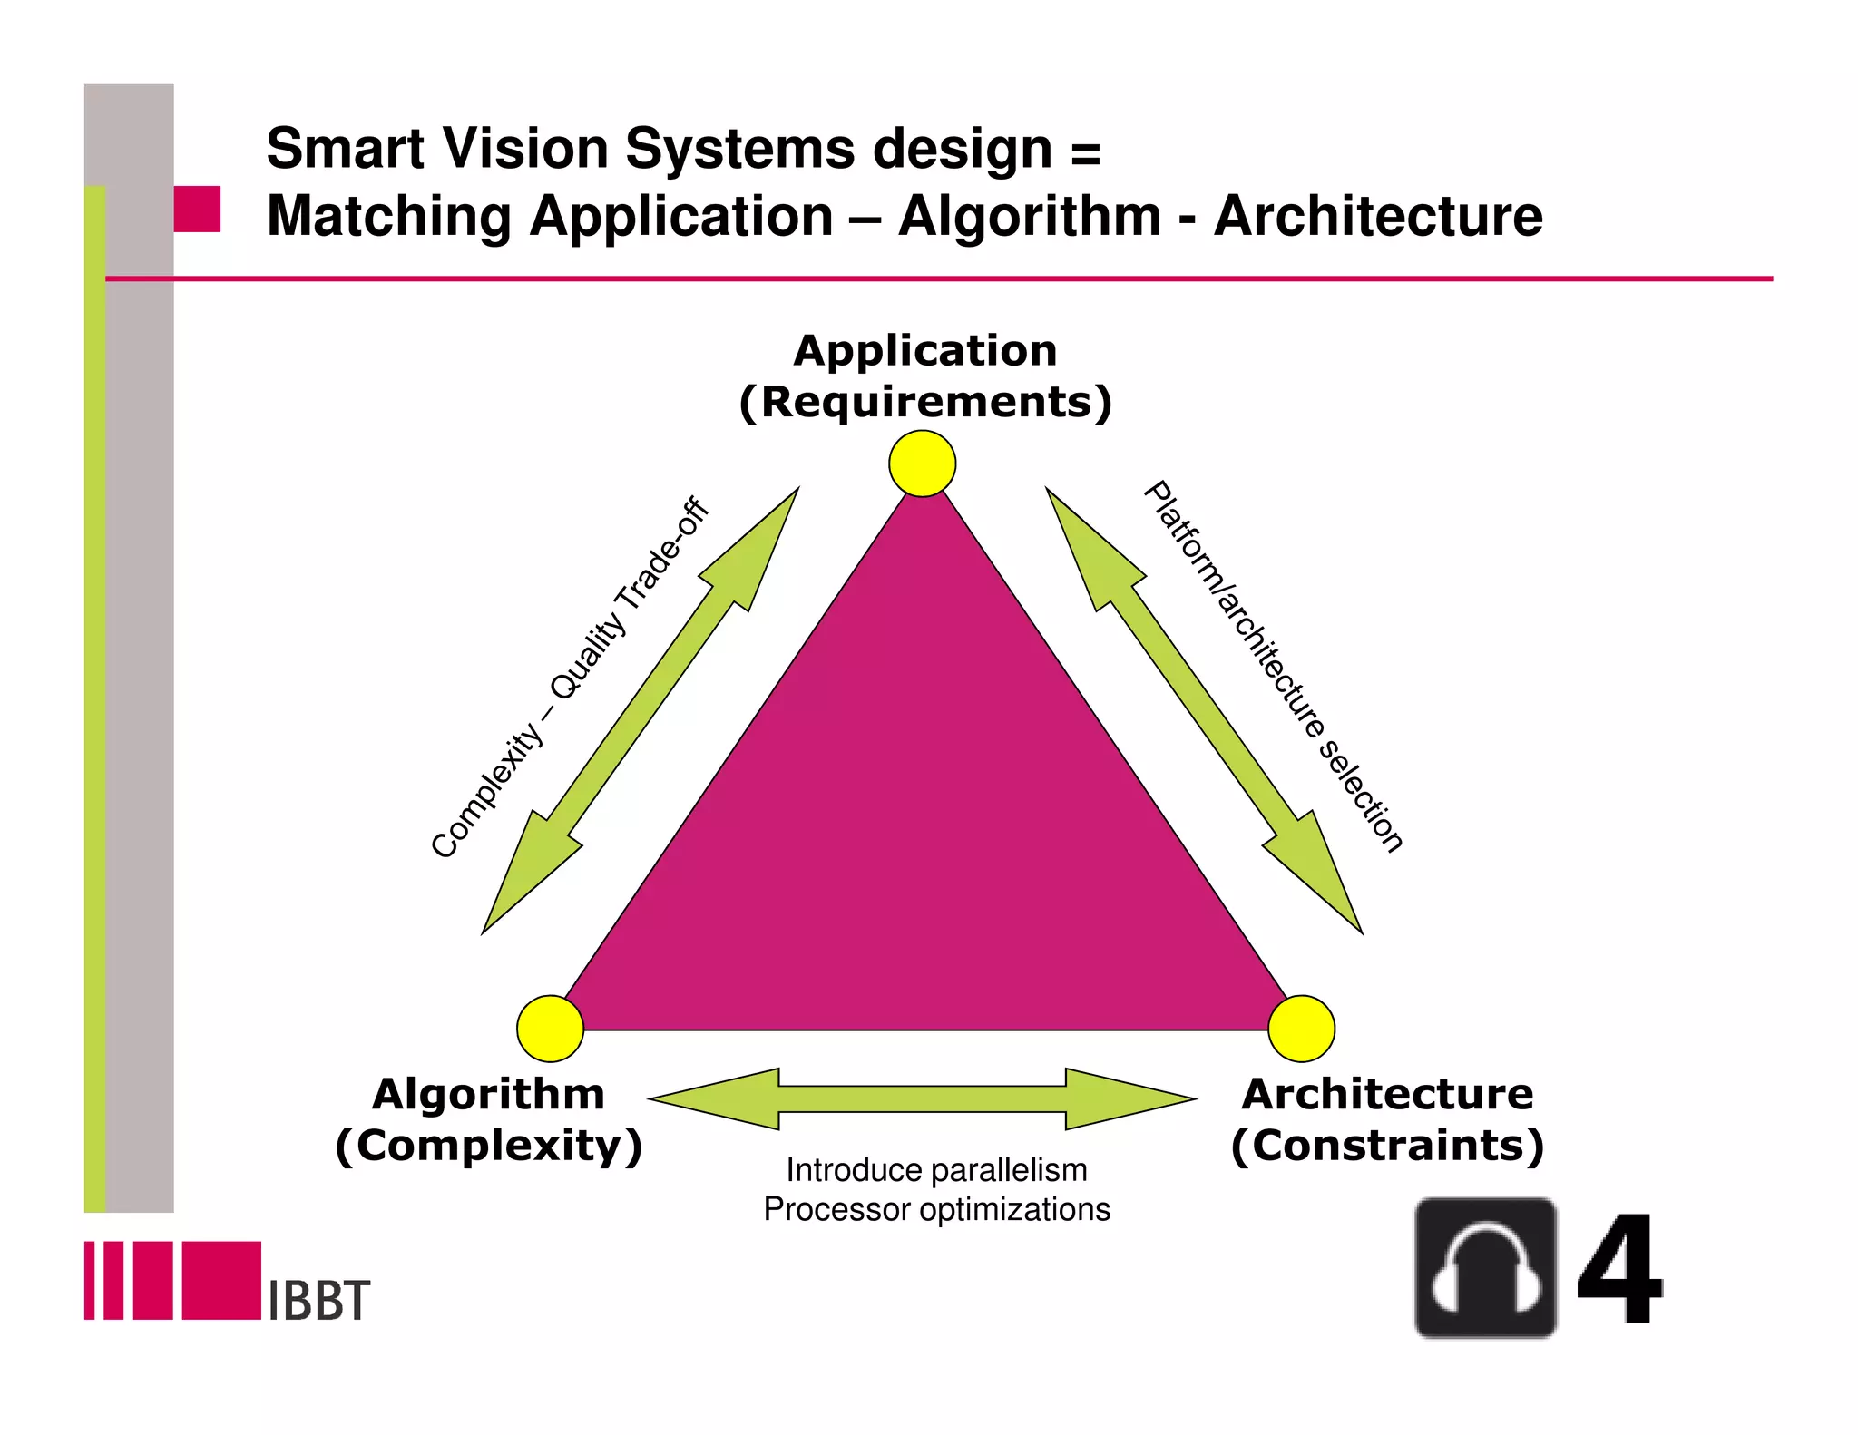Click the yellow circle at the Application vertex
click(x=922, y=464)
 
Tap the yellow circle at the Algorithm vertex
click(x=550, y=1029)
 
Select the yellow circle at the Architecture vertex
click(x=1301, y=1029)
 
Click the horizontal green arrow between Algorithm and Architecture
click(x=922, y=1098)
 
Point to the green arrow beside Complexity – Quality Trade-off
click(x=641, y=710)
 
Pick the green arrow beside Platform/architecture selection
click(x=1204, y=710)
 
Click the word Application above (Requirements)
click(x=925, y=351)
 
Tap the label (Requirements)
click(x=925, y=403)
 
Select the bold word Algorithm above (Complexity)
click(x=488, y=1094)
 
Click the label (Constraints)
click(x=1387, y=1146)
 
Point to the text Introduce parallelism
click(x=936, y=1170)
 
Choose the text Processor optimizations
click(x=936, y=1210)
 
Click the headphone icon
click(x=1485, y=1267)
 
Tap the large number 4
click(x=1618, y=1270)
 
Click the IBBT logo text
click(x=319, y=1301)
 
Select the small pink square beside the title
click(x=197, y=209)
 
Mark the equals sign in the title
click(x=1085, y=152)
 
